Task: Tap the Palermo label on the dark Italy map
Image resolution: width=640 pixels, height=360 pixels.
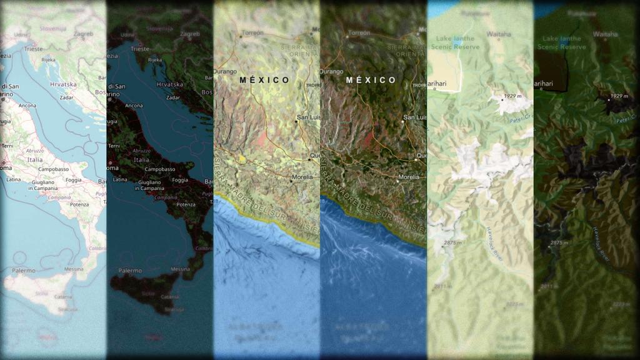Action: [x=129, y=271]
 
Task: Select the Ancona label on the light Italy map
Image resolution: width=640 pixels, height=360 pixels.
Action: [x=27, y=106]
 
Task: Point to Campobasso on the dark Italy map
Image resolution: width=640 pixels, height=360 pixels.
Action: [x=160, y=169]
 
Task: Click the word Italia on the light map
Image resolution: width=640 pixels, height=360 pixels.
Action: [x=34, y=159]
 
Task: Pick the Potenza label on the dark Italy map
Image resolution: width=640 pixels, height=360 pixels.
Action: [x=186, y=204]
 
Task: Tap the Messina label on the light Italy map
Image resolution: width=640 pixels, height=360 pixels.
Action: [x=74, y=269]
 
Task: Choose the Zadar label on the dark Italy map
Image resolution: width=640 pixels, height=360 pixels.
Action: [x=173, y=98]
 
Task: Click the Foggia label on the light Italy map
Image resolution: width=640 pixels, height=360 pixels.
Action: [x=73, y=180]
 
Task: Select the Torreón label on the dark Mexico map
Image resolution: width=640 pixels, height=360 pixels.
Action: [x=359, y=32]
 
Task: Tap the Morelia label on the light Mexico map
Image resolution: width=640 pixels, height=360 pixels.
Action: [x=302, y=177]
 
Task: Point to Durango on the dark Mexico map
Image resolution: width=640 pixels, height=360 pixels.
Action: [x=332, y=71]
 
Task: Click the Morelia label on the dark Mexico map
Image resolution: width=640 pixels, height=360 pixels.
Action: [x=409, y=177]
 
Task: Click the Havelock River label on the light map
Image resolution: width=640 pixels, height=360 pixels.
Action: [x=492, y=244]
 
